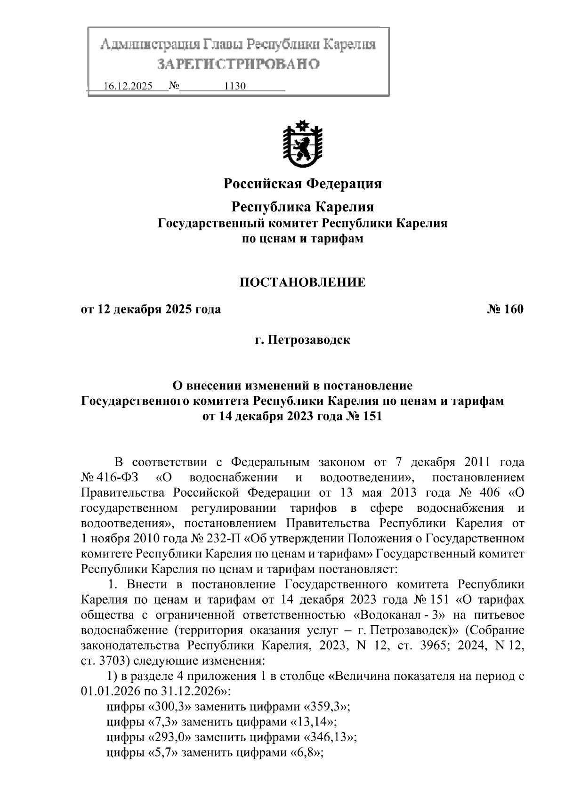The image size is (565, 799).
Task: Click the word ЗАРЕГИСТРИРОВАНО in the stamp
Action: coord(238,64)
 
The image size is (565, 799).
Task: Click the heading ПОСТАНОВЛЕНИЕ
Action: coord(302,282)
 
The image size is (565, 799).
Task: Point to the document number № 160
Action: coord(504,310)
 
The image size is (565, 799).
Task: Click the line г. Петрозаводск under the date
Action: coord(302,339)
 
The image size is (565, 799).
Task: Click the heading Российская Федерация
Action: coord(302,184)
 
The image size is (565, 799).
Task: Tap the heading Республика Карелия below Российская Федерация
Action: coord(302,207)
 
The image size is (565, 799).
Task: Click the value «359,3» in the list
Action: coord(328,707)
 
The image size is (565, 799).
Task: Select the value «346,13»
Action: coord(330,737)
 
